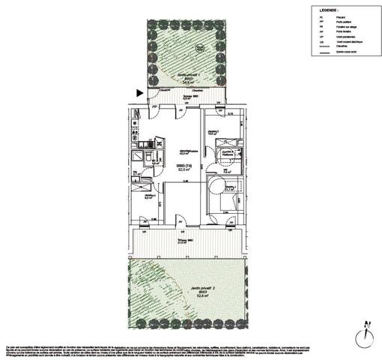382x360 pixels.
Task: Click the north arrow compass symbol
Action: coord(366,334)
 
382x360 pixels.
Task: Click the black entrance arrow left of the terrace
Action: coord(140,93)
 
